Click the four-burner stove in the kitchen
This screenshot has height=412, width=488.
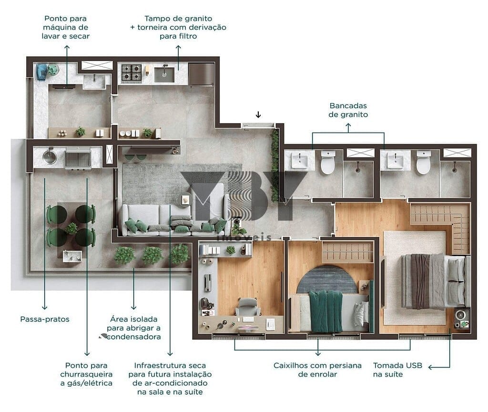(132, 72)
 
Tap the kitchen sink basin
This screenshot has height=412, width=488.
(164, 74)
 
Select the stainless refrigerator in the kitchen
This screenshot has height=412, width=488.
(201, 74)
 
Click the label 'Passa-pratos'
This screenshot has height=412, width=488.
(45, 319)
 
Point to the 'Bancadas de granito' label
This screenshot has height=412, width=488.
(348, 110)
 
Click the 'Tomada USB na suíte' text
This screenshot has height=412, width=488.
(397, 370)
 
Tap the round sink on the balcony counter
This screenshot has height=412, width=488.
(50, 156)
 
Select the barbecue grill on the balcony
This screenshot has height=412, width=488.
(78, 158)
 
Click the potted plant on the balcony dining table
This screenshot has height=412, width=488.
(71, 228)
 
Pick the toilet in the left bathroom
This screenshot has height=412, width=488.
(328, 162)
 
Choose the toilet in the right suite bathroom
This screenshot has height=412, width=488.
(424, 162)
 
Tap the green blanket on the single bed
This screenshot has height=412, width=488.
(326, 310)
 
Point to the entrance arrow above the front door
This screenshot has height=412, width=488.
(258, 115)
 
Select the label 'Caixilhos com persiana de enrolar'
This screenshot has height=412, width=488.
(317, 370)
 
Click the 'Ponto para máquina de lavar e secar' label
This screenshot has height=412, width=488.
(66, 27)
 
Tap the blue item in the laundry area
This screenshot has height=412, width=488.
(41, 72)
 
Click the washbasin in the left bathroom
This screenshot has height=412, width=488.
(299, 161)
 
